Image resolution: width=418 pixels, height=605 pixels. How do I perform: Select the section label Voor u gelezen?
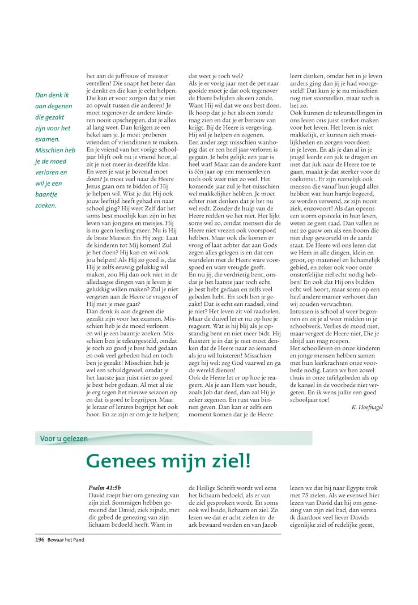click(x=64, y=438)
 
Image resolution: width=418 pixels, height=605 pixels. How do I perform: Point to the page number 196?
click(x=40, y=540)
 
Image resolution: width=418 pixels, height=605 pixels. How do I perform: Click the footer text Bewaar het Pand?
click(x=66, y=540)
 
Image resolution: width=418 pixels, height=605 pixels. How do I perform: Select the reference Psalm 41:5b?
click(x=105, y=487)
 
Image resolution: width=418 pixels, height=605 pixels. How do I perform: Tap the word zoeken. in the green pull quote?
click(x=46, y=205)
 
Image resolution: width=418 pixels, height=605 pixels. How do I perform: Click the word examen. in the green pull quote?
click(x=47, y=139)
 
